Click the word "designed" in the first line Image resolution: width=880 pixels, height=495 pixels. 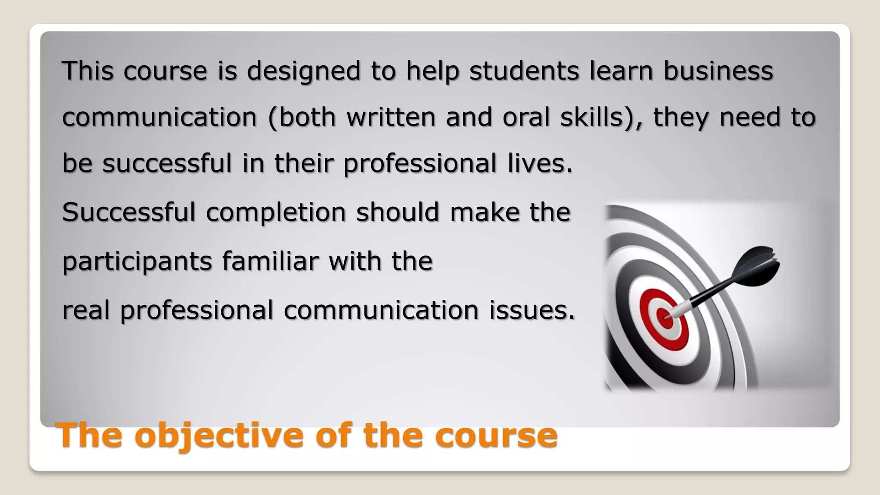[x=303, y=71]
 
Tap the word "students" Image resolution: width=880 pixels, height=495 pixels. [x=524, y=71]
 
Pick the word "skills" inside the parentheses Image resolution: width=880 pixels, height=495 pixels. [x=591, y=117]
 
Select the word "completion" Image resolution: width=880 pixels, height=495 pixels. [x=276, y=213]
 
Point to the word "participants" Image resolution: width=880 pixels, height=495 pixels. [x=137, y=262]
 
